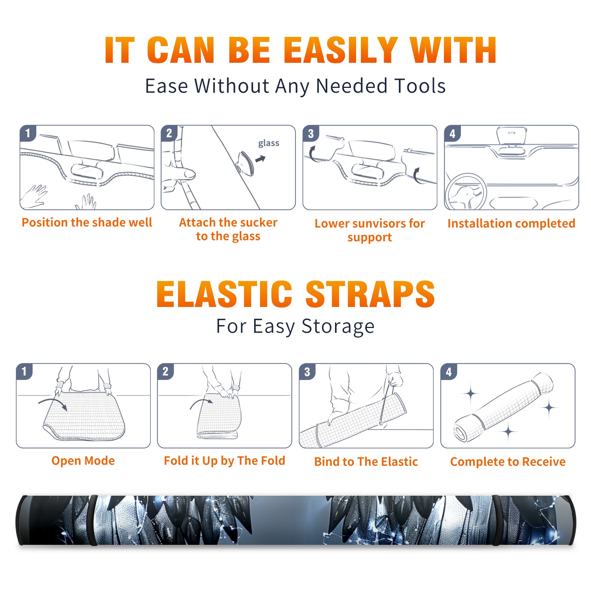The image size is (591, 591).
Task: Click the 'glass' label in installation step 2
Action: coord(269,143)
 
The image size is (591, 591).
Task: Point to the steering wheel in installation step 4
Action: coord(466,192)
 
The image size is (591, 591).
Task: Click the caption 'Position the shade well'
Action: coord(87,222)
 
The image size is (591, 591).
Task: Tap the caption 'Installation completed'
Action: coord(511,223)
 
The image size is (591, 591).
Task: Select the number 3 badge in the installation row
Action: coord(311,133)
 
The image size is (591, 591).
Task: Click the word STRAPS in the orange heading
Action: coord(370,294)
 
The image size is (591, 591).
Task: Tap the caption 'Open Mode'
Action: coord(83,461)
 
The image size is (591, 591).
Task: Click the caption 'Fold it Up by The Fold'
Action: coord(225,461)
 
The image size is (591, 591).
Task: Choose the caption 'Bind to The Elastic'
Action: coord(366,462)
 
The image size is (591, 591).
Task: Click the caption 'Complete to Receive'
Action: coord(508,462)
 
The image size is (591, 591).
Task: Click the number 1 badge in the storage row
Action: coord(24,372)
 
